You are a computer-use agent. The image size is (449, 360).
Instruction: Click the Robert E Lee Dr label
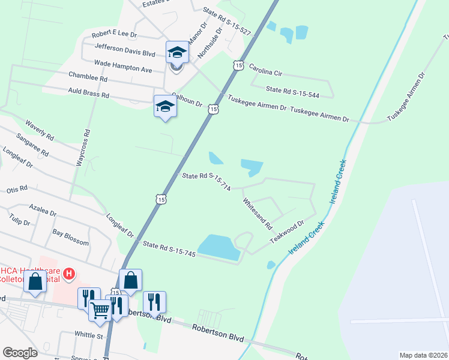115,35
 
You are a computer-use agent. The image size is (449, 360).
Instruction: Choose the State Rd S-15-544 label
292,91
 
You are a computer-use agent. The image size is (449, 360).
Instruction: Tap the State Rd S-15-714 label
206,181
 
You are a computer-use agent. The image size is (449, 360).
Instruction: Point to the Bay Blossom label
70,237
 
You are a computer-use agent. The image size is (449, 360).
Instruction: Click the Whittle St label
89,334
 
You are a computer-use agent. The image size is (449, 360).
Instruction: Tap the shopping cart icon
100,311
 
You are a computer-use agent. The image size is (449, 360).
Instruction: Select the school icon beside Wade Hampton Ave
177,53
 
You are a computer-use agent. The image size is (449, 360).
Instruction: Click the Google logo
20,353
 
